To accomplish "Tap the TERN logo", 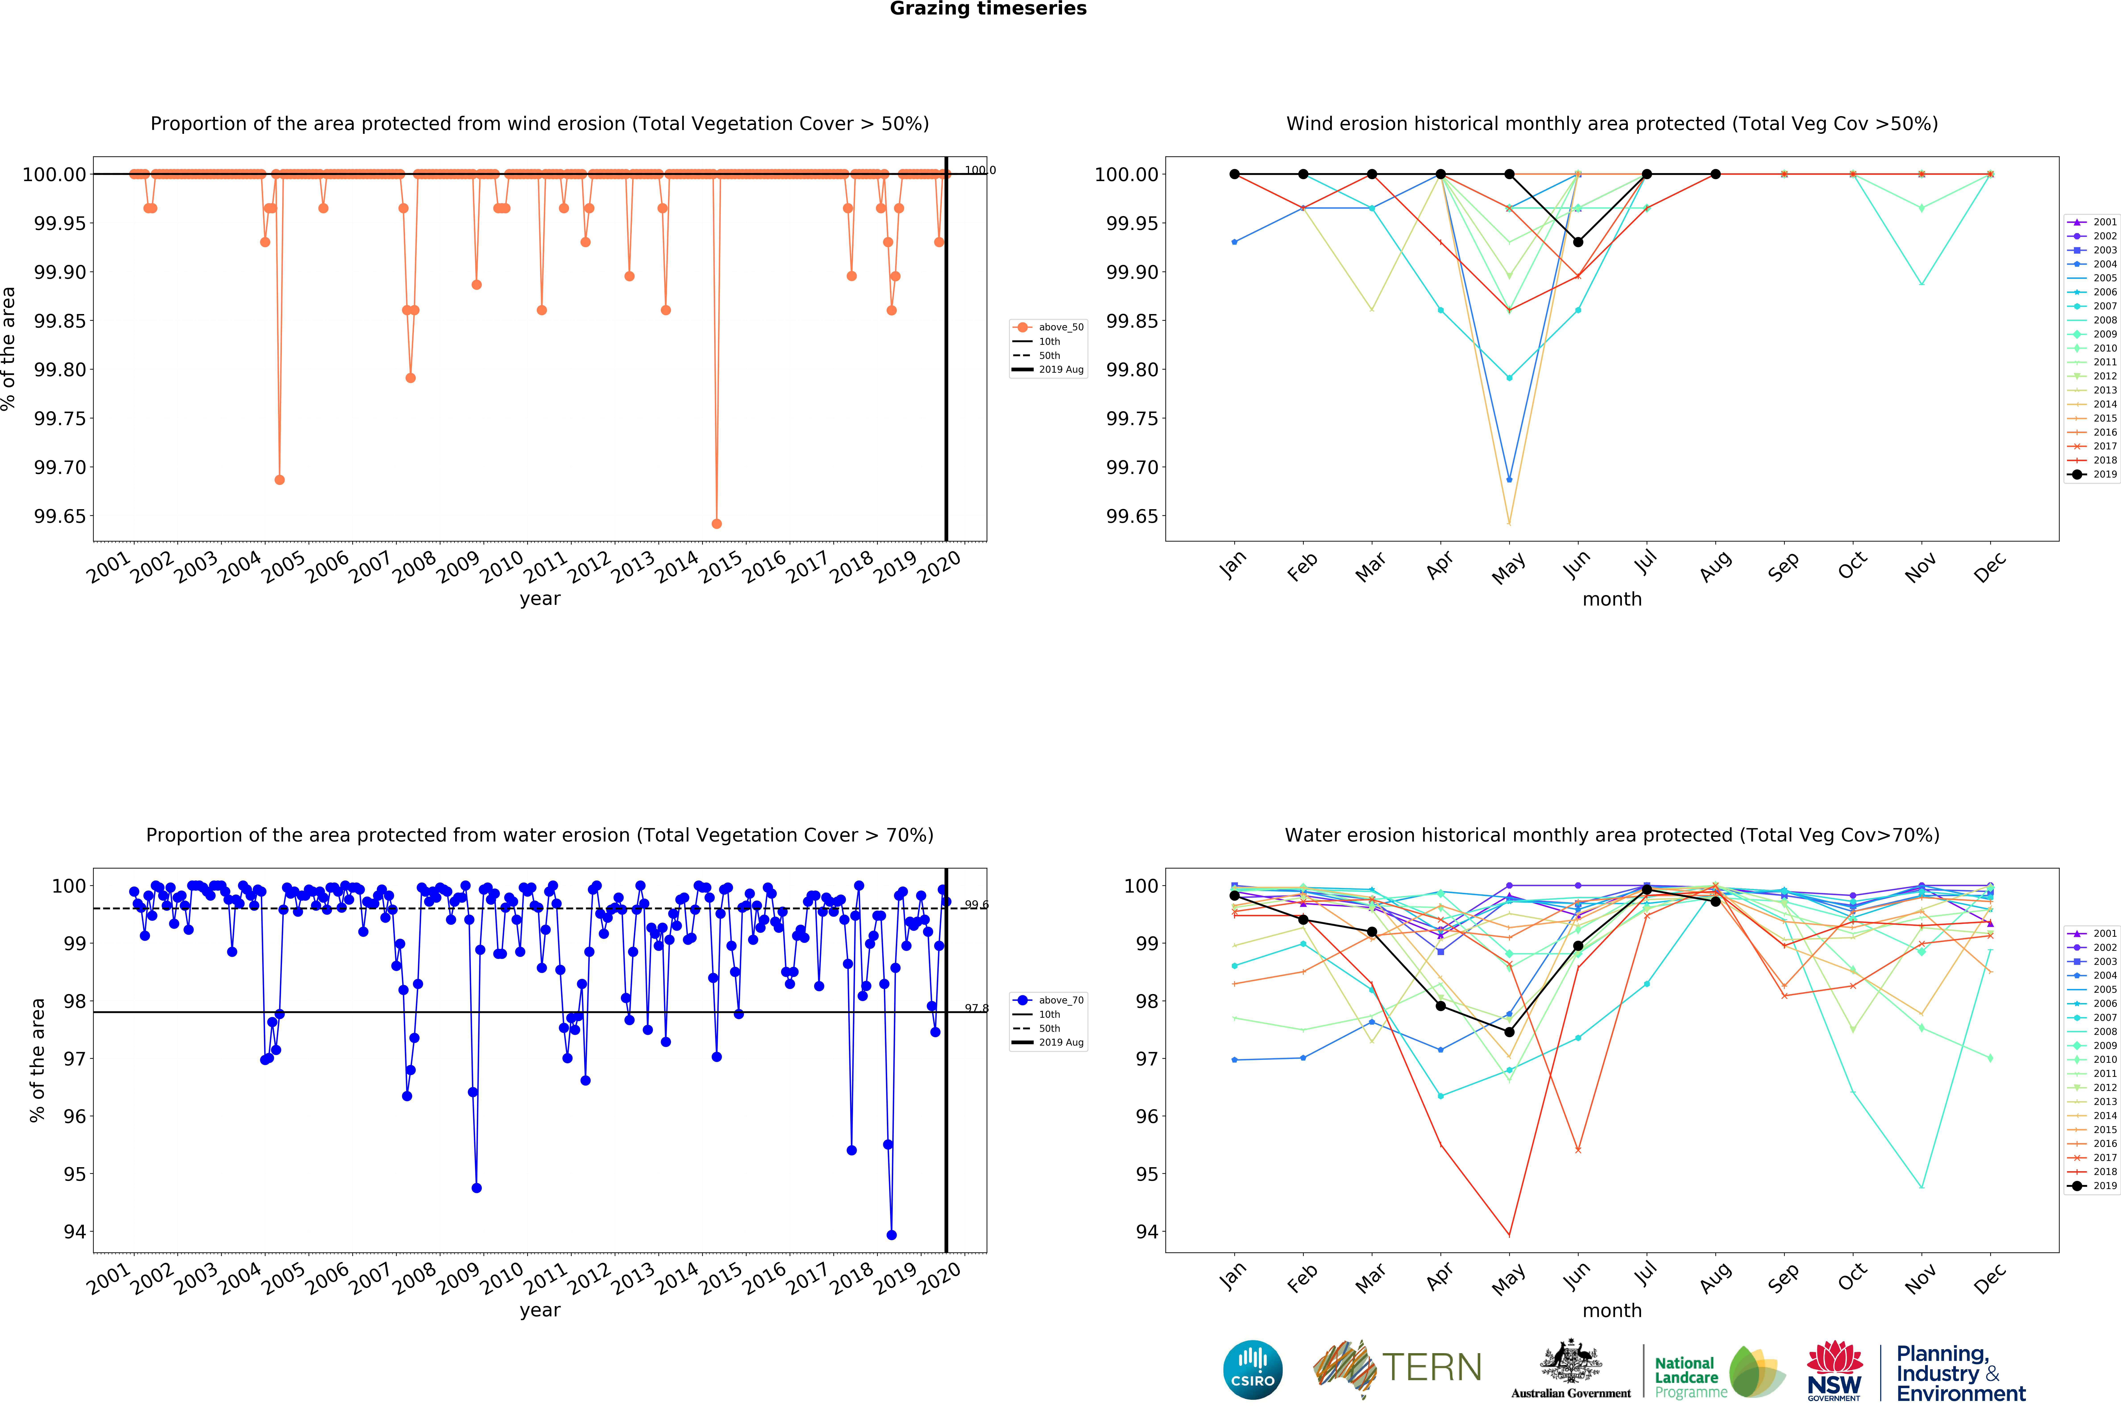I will click(1397, 1368).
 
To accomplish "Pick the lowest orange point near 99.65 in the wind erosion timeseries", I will click(716, 523).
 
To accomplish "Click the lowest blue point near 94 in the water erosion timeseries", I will click(891, 1235).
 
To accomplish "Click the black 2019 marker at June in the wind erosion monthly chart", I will click(1577, 242).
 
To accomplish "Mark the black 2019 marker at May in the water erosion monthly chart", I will click(1509, 1032).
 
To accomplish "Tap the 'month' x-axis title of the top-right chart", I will click(1612, 599).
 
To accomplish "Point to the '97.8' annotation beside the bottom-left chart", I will click(976, 1008).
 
